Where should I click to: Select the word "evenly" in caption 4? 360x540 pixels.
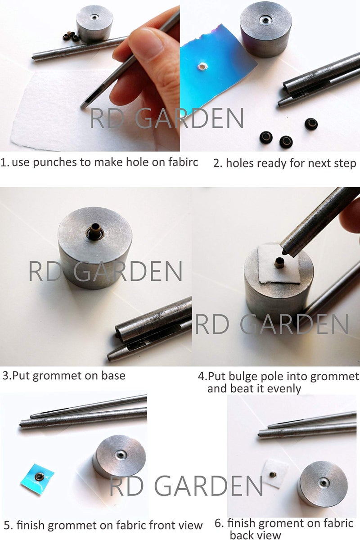point(283,388)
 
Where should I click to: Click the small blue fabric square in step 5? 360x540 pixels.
point(38,479)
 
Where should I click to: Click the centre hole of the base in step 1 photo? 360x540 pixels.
point(94,18)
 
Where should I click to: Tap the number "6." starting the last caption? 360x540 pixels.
point(219,523)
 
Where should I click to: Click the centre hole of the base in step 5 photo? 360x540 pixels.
point(121,454)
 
